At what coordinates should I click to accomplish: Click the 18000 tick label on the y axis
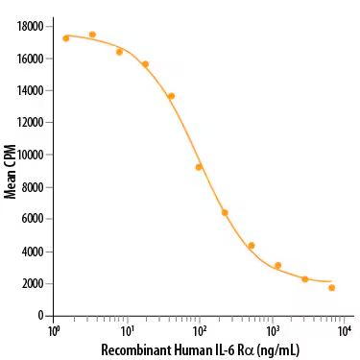coord(32,26)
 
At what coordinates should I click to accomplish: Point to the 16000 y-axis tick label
coord(32,59)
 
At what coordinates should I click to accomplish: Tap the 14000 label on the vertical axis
coord(32,90)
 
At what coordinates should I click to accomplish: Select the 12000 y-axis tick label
coord(32,123)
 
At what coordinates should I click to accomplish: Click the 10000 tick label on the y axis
coord(32,155)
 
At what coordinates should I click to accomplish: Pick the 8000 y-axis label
coord(35,187)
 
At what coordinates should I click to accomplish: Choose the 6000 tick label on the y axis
coord(35,219)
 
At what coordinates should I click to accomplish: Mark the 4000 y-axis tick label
coord(35,252)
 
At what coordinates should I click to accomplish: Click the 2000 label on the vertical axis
coord(35,283)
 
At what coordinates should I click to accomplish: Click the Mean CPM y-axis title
coord(11,172)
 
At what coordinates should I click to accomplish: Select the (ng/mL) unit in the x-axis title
coord(278,349)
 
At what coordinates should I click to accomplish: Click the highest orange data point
coord(92,35)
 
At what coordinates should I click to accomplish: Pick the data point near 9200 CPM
coord(199,167)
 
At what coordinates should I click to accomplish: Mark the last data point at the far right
coord(331,287)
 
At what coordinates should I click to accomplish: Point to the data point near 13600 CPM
coord(171,96)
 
